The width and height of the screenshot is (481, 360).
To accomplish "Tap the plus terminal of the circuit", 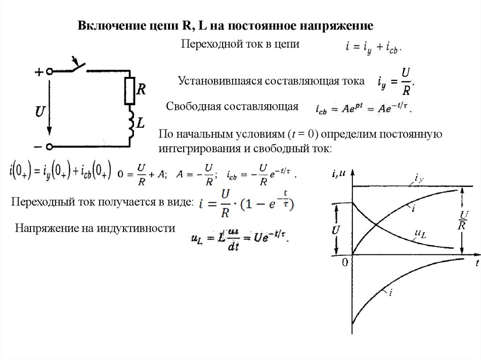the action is click(x=49, y=71).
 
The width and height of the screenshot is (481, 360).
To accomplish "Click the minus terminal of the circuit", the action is click(x=49, y=147).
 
